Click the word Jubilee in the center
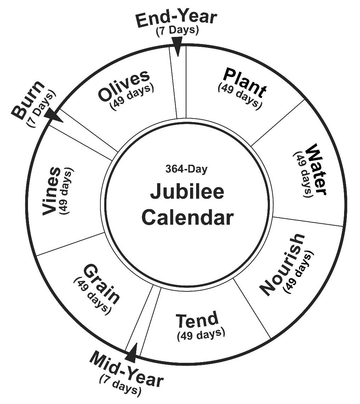click(187, 192)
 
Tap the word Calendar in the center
click(187, 217)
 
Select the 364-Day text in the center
click(186, 169)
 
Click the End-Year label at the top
click(176, 19)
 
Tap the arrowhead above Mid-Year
click(132, 351)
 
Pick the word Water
click(315, 169)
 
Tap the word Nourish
click(282, 264)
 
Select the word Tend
click(197, 320)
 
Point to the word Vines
click(51, 191)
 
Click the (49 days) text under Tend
click(201, 334)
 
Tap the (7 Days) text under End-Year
click(177, 31)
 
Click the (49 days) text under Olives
click(133, 96)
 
